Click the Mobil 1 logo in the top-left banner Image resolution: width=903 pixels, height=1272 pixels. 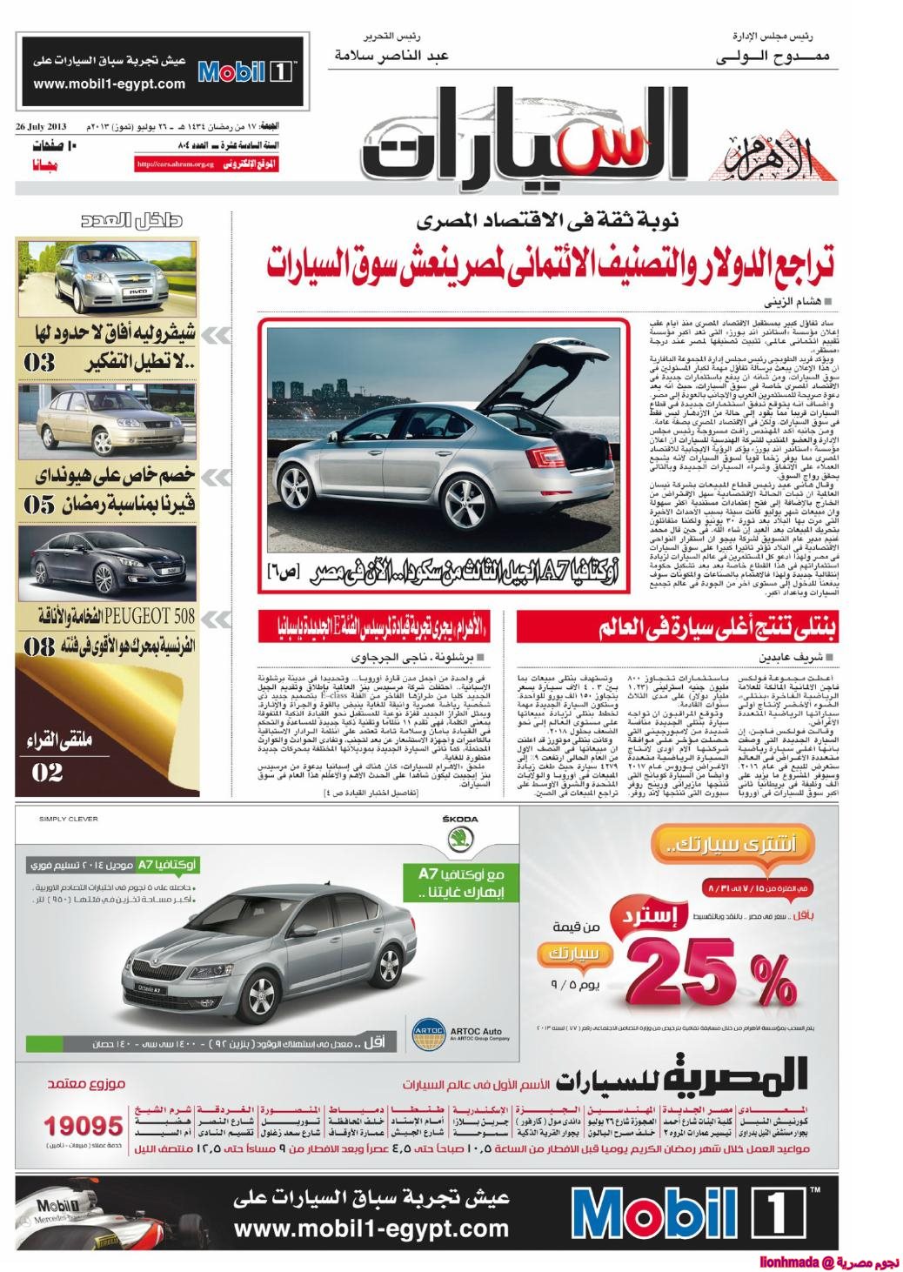(x=246, y=70)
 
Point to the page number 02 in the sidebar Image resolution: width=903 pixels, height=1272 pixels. (x=47, y=771)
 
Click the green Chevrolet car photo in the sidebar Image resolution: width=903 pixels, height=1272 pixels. (x=109, y=279)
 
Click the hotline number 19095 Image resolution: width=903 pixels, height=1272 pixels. (x=84, y=1125)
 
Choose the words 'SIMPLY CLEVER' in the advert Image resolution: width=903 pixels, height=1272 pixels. (x=69, y=819)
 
